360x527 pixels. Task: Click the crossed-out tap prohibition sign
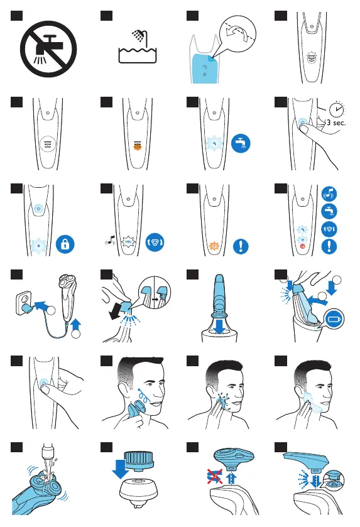point(48,49)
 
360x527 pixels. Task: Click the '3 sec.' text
point(335,122)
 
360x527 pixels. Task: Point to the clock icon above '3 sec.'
point(337,109)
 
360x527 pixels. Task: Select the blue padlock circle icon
point(65,244)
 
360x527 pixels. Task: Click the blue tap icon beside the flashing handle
point(241,143)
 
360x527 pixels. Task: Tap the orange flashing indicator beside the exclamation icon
point(214,246)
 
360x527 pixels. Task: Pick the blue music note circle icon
point(329,194)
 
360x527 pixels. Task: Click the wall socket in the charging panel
point(25,303)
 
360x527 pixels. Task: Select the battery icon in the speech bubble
point(334,318)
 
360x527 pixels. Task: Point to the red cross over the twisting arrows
point(214,477)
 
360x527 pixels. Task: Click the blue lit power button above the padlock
point(39,209)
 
